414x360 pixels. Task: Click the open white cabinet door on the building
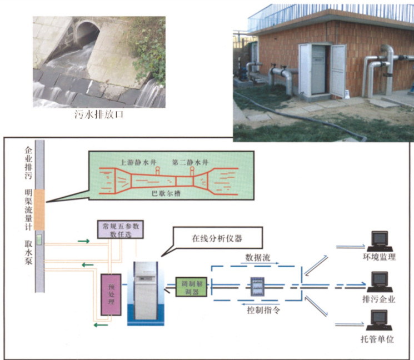[x=338, y=69]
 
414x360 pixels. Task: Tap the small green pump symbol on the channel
[x=39, y=240]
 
